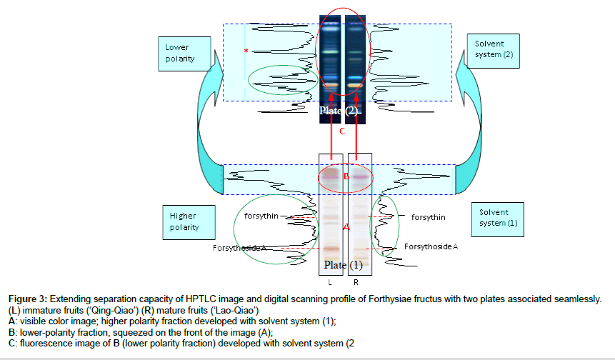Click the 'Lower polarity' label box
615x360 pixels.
(178, 53)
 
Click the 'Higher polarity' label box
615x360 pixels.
(183, 221)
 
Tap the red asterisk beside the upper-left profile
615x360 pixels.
(246, 51)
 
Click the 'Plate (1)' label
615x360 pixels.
(344, 265)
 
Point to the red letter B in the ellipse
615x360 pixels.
(346, 177)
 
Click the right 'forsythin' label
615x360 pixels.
(429, 216)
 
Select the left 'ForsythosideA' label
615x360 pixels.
(239, 248)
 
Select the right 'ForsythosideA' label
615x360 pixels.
(431, 246)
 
